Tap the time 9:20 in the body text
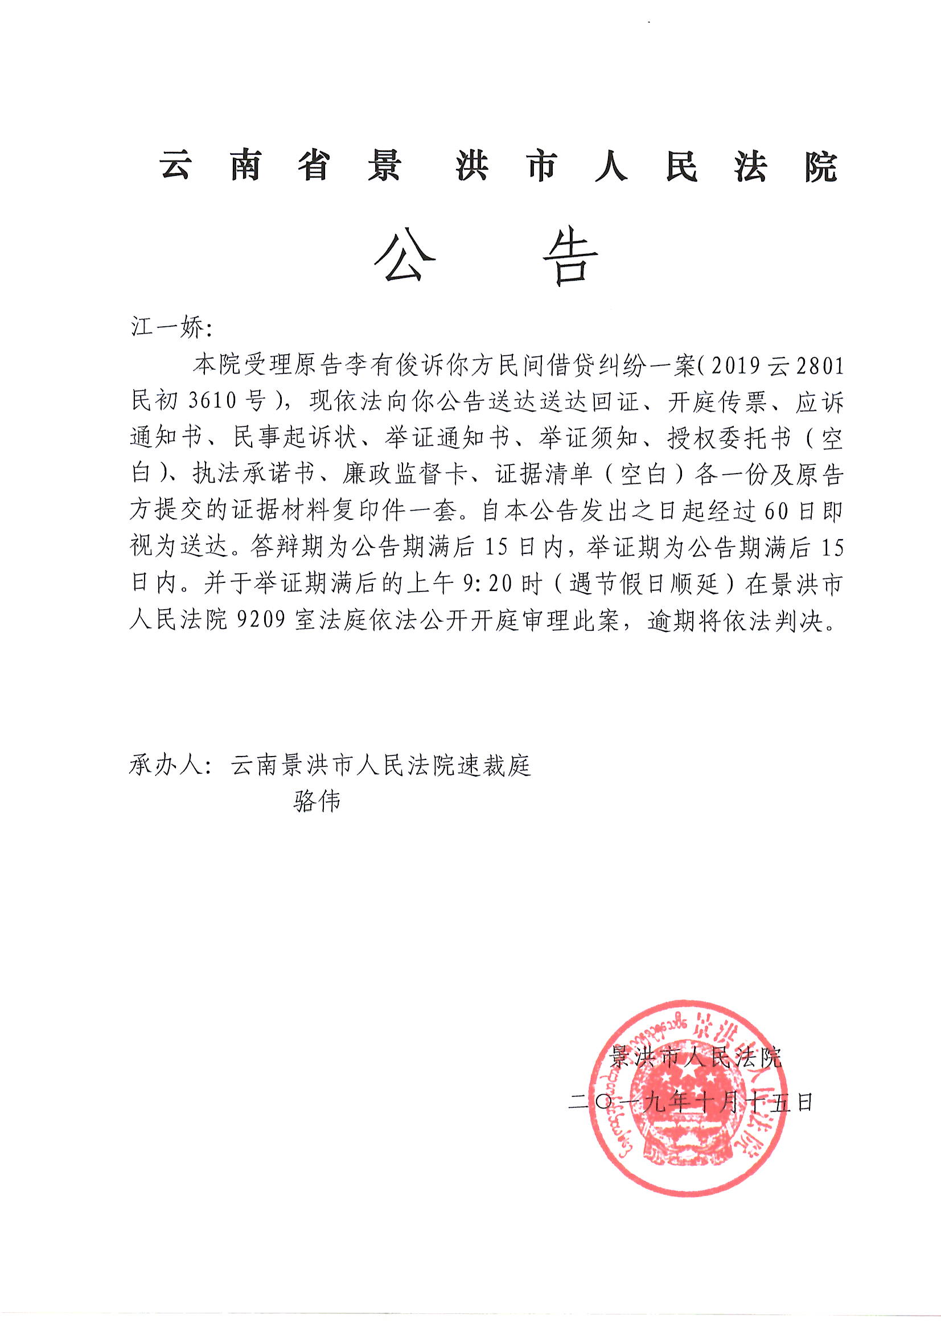tap(485, 585)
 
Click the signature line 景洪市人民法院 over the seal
tap(695, 1058)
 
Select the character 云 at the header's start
tap(175, 167)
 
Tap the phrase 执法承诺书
tap(253, 475)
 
